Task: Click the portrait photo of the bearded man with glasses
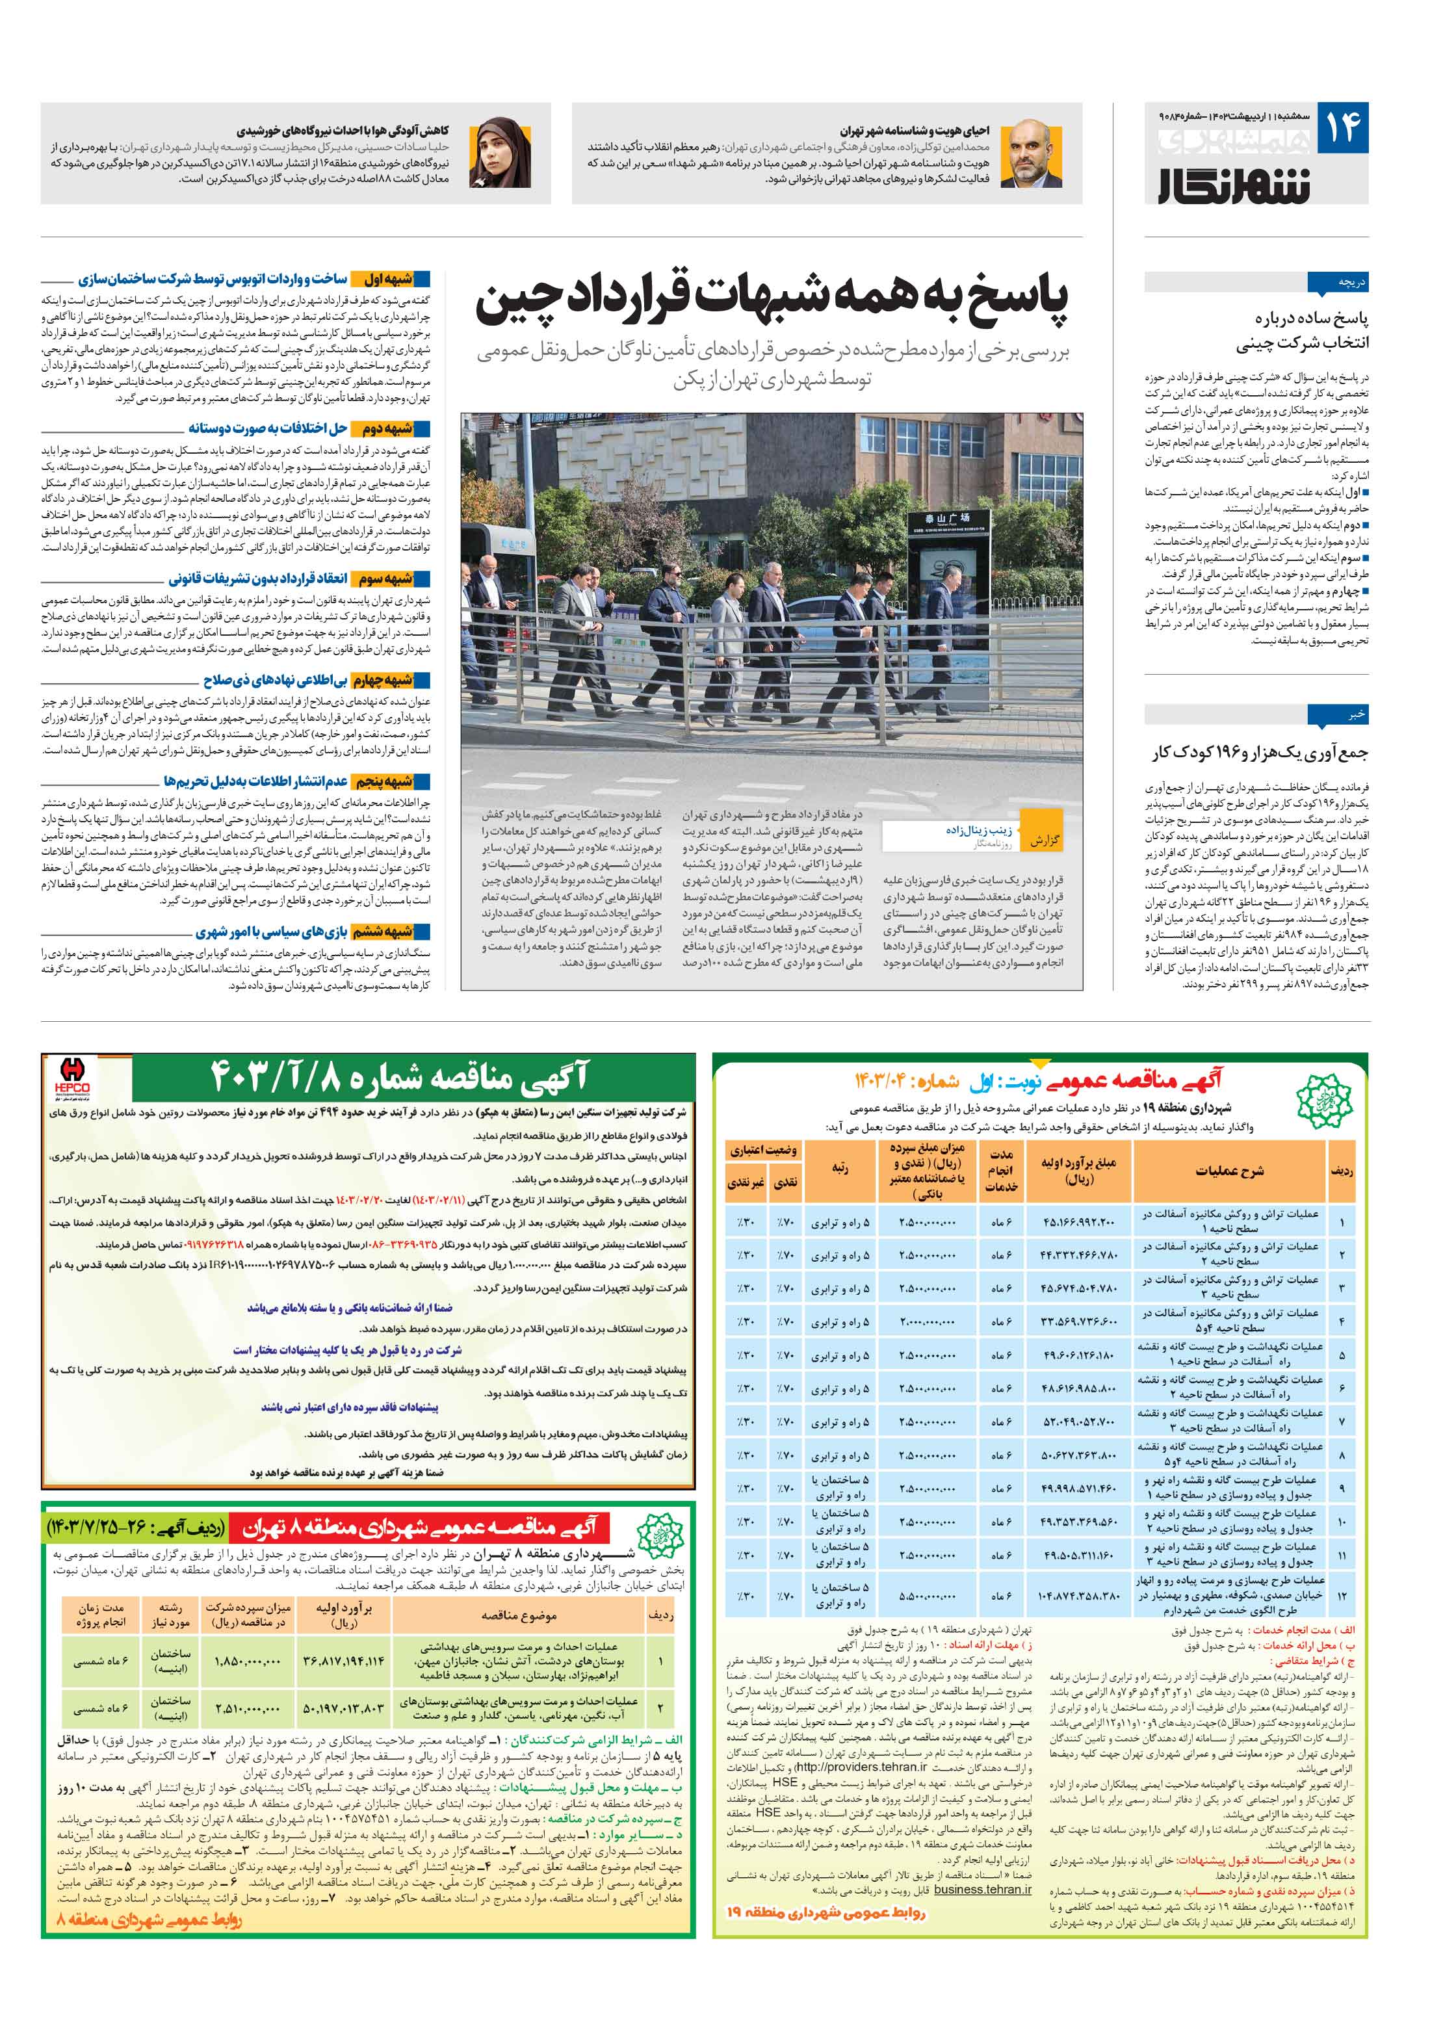1032,152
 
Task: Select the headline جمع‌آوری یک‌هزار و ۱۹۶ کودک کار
1259,753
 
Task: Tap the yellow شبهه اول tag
389,278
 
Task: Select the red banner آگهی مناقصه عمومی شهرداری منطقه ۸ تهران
418,1528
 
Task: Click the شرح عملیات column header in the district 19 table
1228,1171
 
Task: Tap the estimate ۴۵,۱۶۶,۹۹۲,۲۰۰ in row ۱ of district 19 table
1078,1223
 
